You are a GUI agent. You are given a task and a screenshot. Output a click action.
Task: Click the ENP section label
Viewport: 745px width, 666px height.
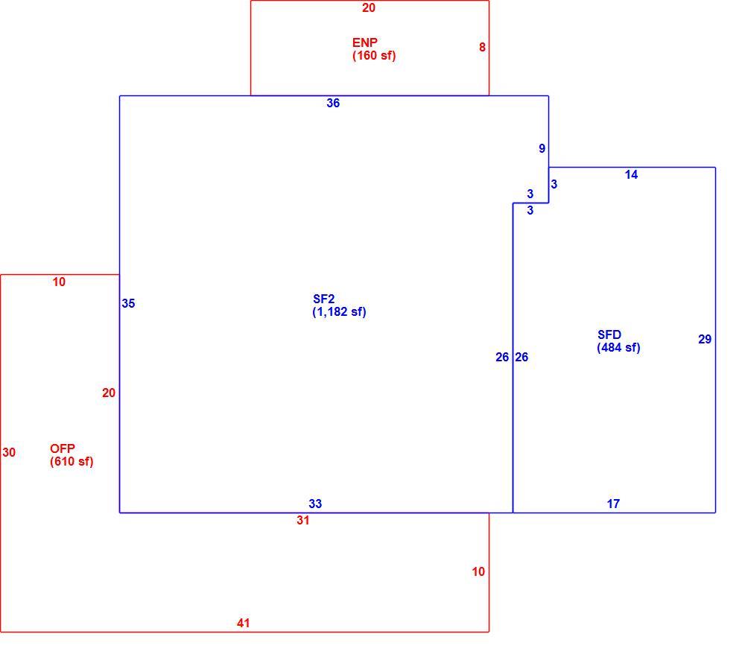[365, 42]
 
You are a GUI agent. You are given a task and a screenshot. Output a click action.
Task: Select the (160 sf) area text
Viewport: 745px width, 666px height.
[374, 56]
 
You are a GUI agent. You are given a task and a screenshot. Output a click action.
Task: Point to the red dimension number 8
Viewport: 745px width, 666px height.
[482, 47]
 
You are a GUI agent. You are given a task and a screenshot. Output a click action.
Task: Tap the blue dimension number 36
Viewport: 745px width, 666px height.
[333, 103]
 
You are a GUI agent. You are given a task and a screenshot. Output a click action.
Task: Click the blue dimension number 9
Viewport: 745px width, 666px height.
[542, 148]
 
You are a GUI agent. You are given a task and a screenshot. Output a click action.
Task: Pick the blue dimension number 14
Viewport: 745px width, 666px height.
[631, 175]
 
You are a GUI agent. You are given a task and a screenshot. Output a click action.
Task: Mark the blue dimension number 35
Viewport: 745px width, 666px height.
[128, 303]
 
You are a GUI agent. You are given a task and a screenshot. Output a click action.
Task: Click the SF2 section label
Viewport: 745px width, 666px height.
[323, 299]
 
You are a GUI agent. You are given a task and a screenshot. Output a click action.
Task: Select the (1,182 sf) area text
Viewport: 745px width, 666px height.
[339, 312]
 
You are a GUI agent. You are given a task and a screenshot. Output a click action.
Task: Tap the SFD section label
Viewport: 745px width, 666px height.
[609, 334]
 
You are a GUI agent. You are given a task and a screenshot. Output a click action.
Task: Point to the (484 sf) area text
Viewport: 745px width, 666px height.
[618, 348]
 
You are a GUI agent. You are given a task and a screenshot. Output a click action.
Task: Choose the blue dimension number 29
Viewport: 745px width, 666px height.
[705, 339]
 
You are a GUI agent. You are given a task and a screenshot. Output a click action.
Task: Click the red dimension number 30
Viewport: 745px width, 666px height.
[9, 452]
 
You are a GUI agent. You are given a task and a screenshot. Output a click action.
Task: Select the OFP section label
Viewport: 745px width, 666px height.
[63, 448]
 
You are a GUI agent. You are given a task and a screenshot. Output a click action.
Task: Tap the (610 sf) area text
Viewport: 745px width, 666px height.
[72, 462]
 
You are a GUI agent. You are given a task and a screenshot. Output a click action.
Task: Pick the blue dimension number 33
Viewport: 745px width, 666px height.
[315, 504]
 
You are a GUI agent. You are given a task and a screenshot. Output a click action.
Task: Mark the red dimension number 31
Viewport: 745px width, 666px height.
[303, 520]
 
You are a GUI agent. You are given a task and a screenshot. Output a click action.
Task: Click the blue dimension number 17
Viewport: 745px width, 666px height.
[613, 504]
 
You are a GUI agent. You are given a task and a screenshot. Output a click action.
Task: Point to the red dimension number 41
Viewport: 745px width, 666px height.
[244, 623]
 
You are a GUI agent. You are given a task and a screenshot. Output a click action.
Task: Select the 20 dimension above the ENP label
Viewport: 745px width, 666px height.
[369, 7]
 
